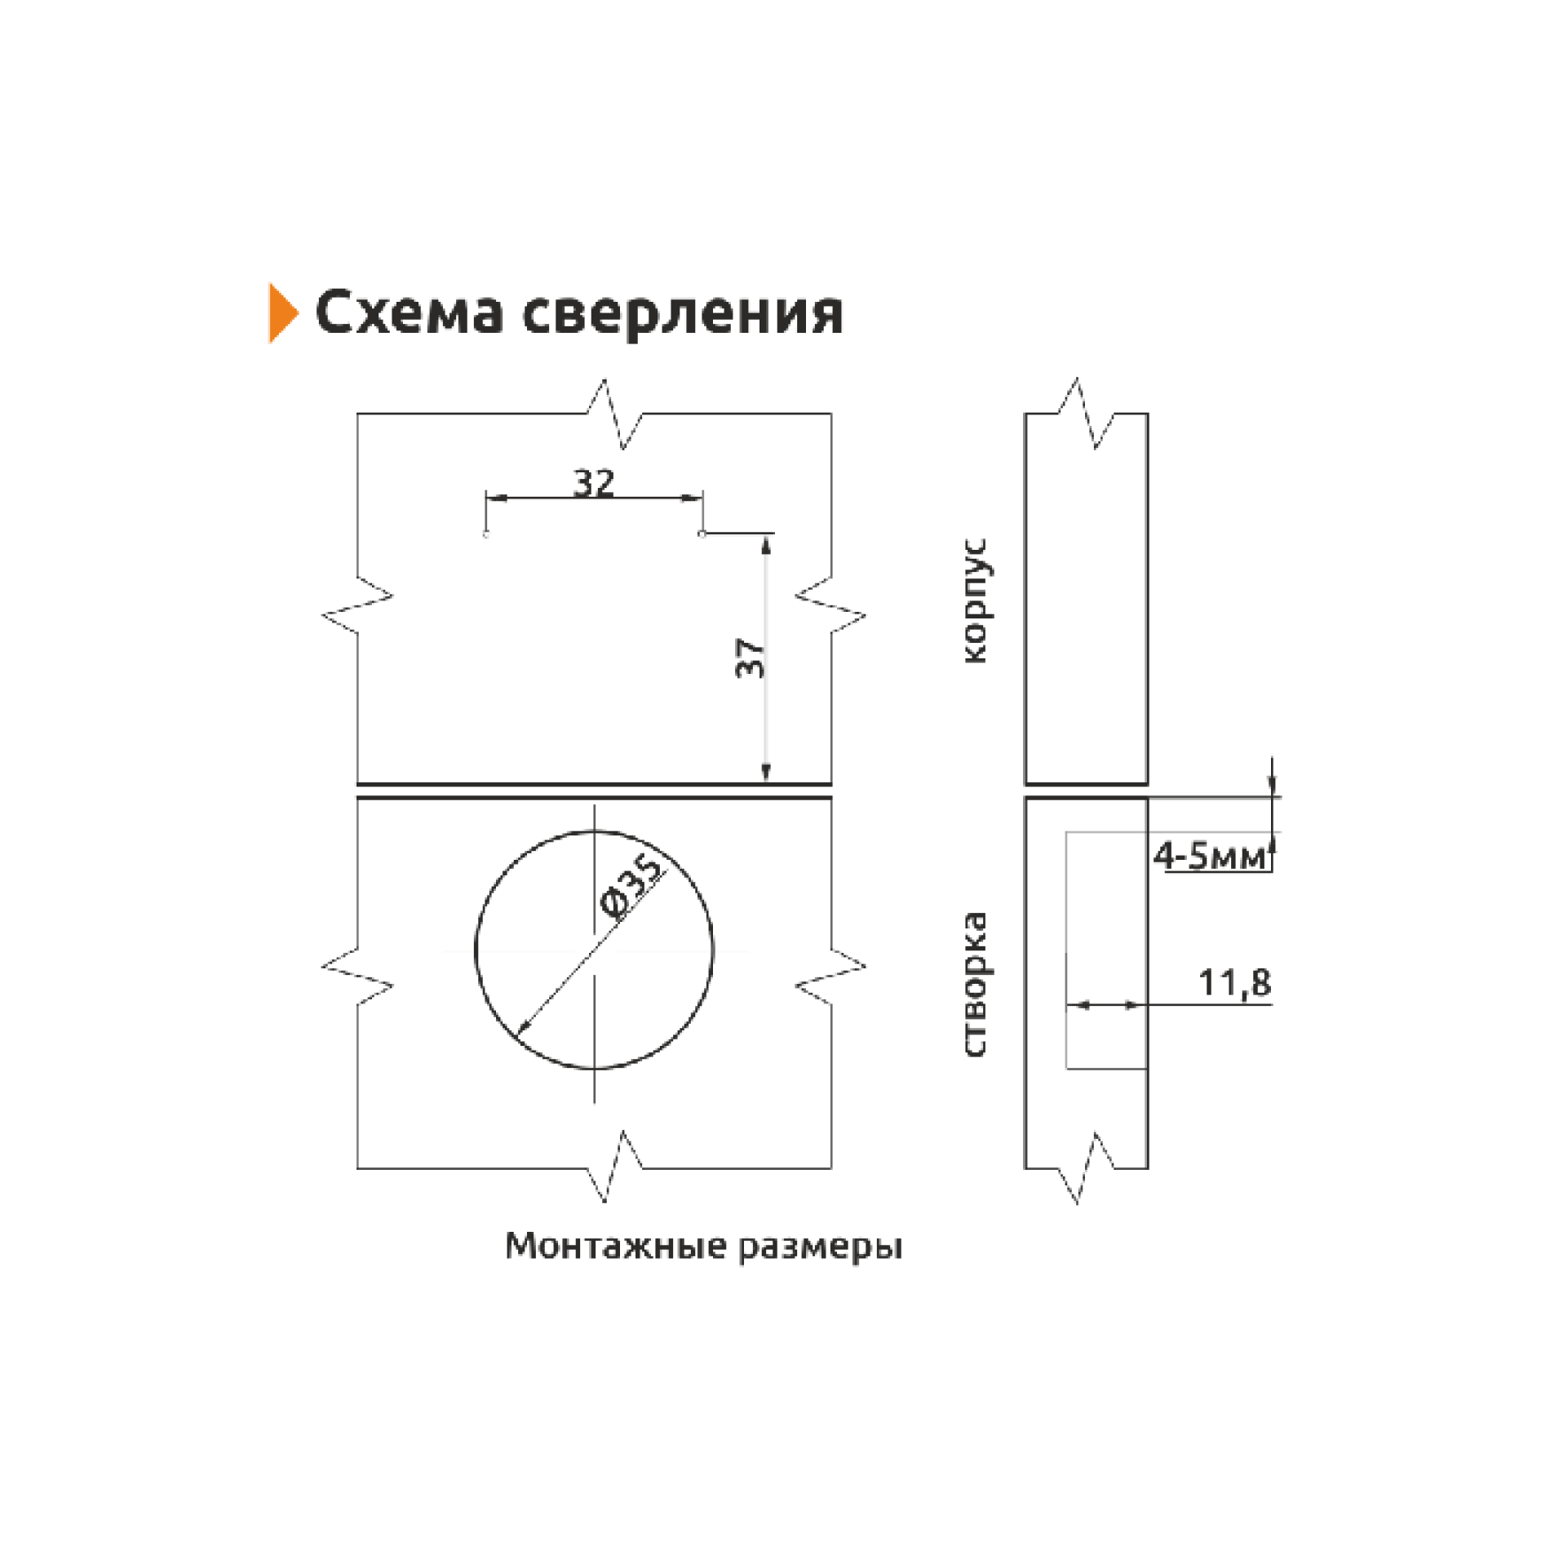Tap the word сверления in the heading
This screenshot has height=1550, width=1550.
pos(682,314)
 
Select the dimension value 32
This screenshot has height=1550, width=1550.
pos(593,483)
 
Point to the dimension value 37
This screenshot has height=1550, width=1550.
pos(751,658)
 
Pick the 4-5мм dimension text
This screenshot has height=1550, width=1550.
pos(1209,856)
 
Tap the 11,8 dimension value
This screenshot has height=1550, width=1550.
pos(1234,983)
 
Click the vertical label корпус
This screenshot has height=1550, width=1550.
pos(976,601)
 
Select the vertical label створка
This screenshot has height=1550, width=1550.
pos(975,985)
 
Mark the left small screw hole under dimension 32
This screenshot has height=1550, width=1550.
pos(486,535)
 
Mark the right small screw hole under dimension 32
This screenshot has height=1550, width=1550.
pos(702,534)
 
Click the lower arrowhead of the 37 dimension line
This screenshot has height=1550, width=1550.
pos(765,772)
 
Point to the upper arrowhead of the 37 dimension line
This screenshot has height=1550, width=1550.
pos(765,544)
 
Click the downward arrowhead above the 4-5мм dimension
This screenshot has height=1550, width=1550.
pos(1271,785)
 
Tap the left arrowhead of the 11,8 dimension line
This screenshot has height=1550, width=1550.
pos(1078,1005)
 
